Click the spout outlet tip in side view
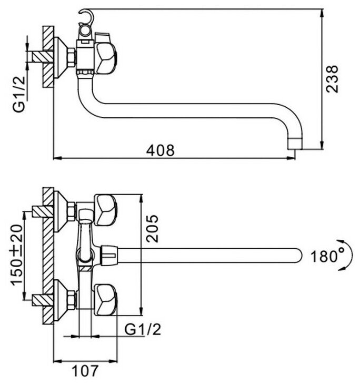[x=296, y=143]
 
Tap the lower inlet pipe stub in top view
[x=38, y=301]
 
